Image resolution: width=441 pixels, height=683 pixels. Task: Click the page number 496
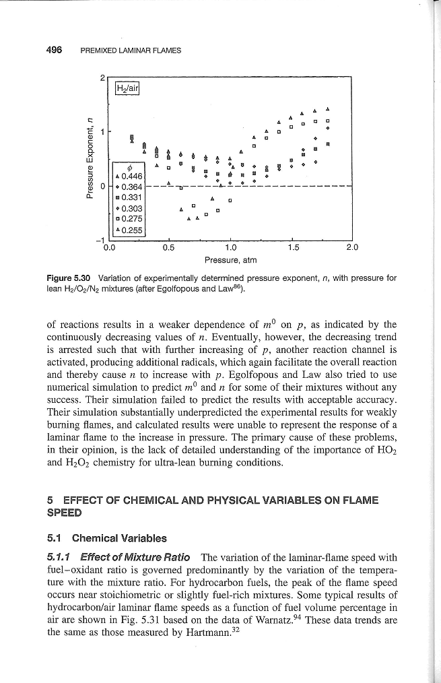(x=55, y=50)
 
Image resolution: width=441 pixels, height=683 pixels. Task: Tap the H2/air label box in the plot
(x=127, y=87)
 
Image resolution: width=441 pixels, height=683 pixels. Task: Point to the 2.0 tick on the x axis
(x=353, y=247)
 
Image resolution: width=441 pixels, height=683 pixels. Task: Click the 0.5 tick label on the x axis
(x=168, y=247)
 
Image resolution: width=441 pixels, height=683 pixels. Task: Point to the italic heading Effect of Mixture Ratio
(x=135, y=557)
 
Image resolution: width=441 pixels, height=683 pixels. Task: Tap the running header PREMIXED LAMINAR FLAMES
(x=131, y=51)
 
